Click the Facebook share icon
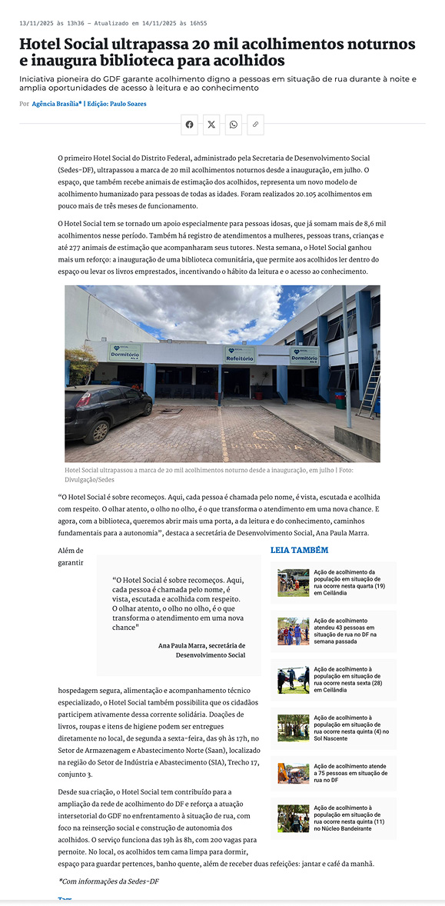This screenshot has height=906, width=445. pyautogui.click(x=190, y=124)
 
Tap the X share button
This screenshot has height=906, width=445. pyautogui.click(x=211, y=124)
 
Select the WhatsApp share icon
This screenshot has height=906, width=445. pyautogui.click(x=233, y=124)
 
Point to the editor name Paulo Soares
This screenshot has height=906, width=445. pyautogui.click(x=127, y=104)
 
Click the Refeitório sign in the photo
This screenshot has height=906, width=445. pyautogui.click(x=240, y=354)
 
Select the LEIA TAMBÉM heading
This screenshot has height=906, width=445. pyautogui.click(x=299, y=551)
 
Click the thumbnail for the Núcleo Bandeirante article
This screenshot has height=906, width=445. pyautogui.click(x=294, y=818)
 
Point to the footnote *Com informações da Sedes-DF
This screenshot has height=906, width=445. pyautogui.click(x=108, y=881)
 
